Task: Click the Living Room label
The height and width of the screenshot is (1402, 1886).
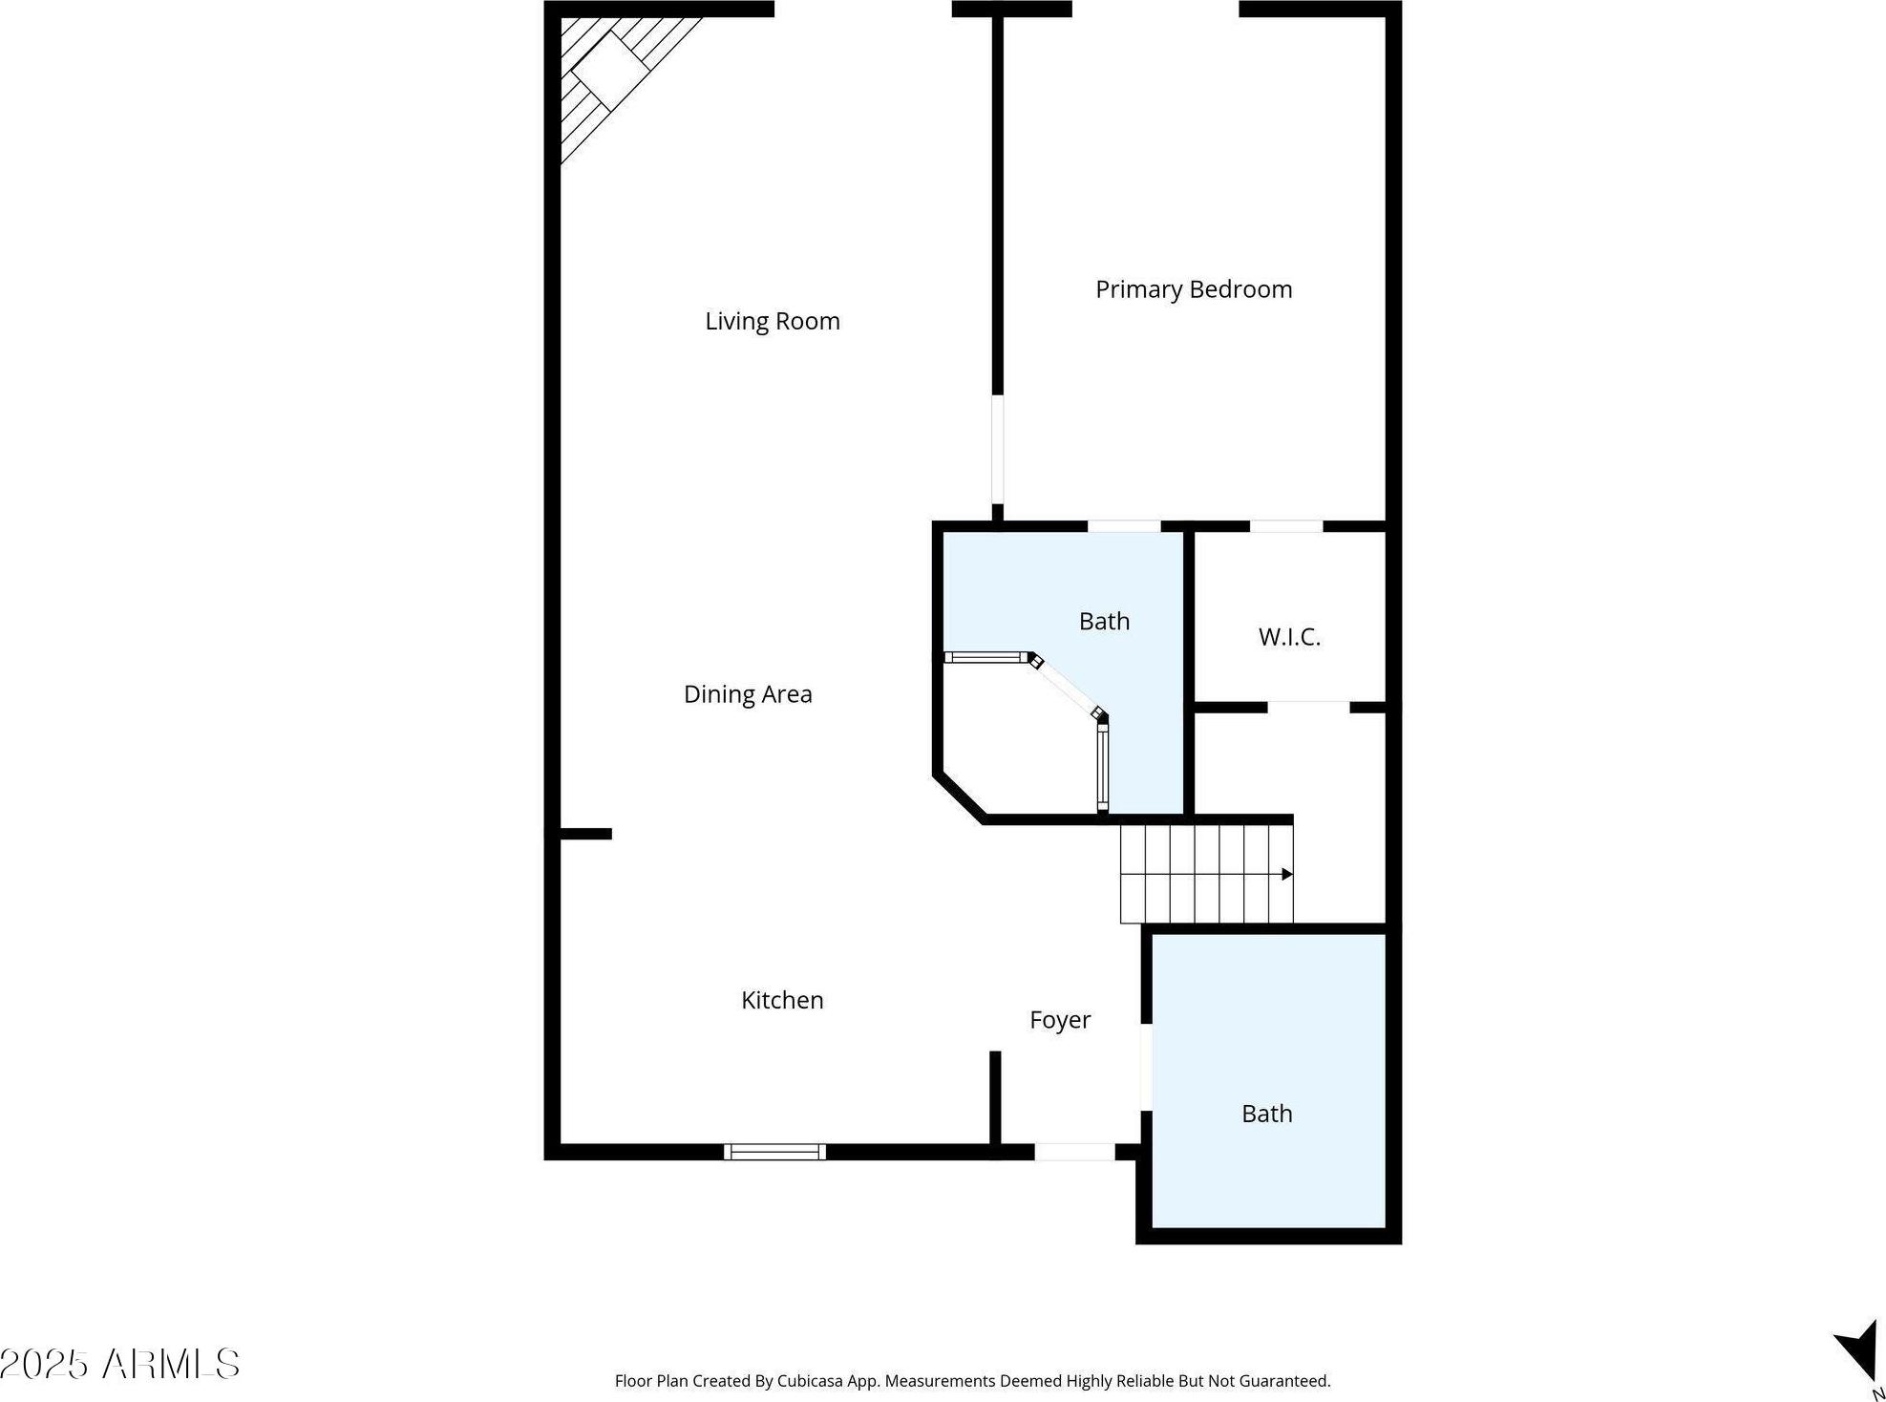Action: (773, 322)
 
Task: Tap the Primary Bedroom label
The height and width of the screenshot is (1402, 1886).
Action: (1194, 289)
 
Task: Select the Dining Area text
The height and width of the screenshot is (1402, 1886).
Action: (748, 694)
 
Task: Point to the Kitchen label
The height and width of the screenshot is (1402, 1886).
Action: (782, 1000)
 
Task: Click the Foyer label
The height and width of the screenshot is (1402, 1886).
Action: (1060, 1021)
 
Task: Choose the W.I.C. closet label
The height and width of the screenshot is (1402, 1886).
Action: (1289, 637)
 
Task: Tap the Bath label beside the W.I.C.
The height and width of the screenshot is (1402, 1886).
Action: (1104, 622)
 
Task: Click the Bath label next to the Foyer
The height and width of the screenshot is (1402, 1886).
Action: (1267, 1114)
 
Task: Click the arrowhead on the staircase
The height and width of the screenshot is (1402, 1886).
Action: (1287, 874)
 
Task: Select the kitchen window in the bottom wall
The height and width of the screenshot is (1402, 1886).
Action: (774, 1152)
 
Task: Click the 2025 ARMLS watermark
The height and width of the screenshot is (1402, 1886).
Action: (119, 1364)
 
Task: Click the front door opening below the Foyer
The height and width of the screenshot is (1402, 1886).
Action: (1074, 1152)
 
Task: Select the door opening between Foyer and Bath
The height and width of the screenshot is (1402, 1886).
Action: (1146, 1068)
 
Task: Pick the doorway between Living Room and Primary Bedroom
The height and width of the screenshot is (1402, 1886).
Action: (997, 450)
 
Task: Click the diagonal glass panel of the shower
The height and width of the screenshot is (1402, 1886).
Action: (1068, 686)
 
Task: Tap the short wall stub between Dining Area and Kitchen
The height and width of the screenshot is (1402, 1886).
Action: (585, 834)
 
